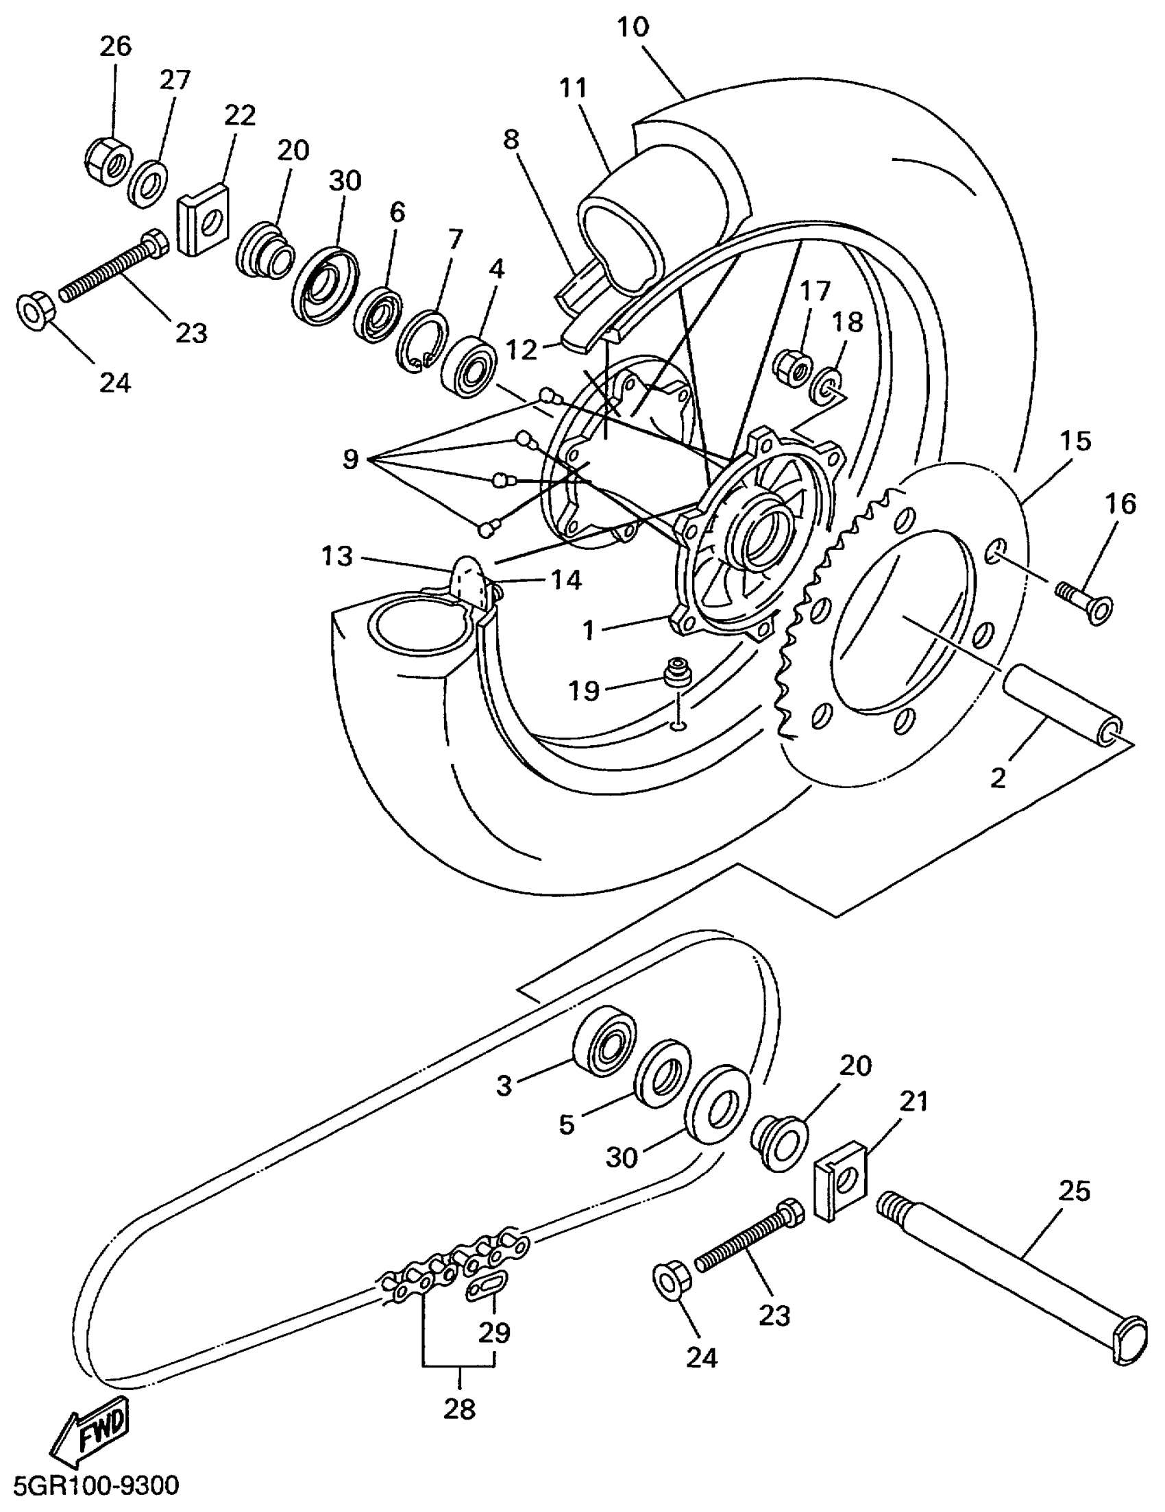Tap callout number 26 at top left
pos(115,47)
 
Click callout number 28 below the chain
pos(459,1407)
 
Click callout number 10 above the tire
pos(633,27)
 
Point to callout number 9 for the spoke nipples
pos(350,458)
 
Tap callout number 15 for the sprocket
pos(1076,440)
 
